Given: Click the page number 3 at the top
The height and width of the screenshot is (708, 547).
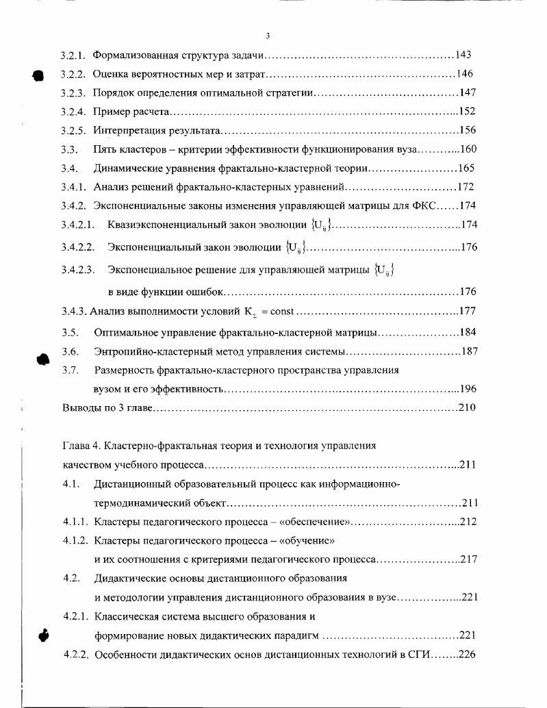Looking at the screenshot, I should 268,36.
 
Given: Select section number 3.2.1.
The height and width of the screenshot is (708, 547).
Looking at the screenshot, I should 73,55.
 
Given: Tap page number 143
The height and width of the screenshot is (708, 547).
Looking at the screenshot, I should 463,55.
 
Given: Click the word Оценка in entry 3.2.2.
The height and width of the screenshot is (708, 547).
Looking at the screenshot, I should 110,74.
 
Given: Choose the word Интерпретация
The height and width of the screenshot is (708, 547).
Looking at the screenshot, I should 128,130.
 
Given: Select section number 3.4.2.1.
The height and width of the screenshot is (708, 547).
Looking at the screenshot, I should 77,224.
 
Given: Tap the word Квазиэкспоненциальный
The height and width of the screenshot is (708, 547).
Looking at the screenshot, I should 161,224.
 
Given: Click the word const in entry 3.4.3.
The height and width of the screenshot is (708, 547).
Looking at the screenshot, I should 281,312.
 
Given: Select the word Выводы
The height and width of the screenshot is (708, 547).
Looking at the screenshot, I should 80,408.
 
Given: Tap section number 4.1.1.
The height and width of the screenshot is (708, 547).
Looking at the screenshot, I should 75,522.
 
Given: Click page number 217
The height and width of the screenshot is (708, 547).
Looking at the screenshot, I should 468,559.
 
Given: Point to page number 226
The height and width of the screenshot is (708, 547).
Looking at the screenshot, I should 467,654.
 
